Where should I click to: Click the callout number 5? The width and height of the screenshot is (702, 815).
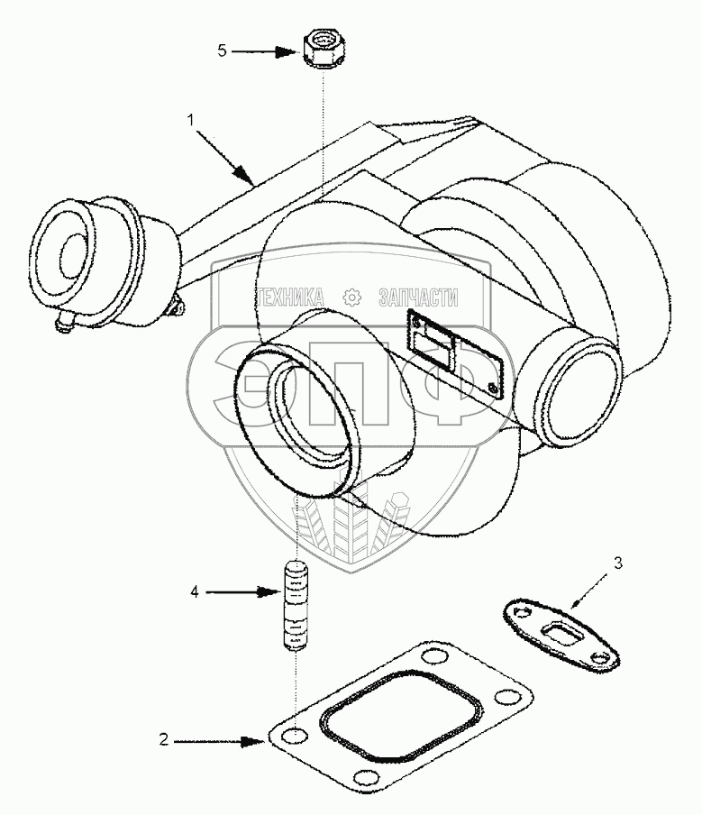pos(222,51)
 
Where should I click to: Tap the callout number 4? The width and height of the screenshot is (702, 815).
pos(195,592)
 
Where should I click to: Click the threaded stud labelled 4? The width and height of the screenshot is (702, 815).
pos(296,607)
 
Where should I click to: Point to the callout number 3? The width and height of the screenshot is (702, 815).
pos(617,564)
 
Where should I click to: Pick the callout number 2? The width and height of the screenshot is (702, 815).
pos(164,741)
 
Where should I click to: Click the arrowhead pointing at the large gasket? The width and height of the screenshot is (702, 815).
pos(254,741)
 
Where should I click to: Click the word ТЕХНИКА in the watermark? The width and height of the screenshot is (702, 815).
pos(293,297)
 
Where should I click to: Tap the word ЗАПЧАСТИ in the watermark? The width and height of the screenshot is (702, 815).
pos(419,297)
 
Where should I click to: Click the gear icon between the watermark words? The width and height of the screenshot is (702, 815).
pos(351,297)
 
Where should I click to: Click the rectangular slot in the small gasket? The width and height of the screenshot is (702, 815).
pos(561,631)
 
